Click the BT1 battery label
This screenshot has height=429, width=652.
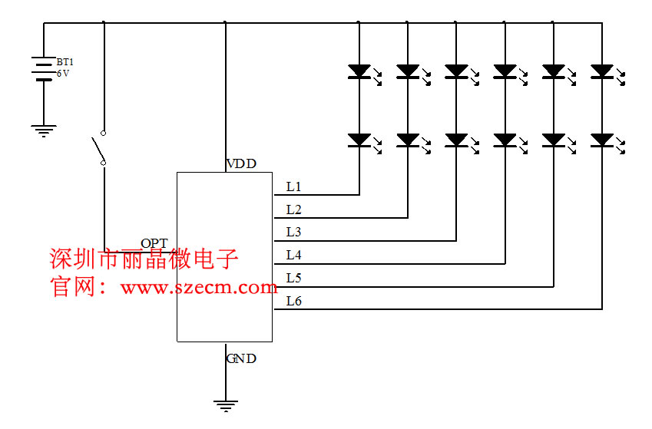pyautogui.click(x=65, y=61)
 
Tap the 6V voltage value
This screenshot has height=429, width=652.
pyautogui.click(x=63, y=74)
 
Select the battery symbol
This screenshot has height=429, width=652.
pyautogui.click(x=43, y=70)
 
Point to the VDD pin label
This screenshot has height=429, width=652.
pyautogui.click(x=241, y=164)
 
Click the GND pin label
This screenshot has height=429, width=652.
pyautogui.click(x=241, y=358)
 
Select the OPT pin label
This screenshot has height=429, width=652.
pyautogui.click(x=154, y=243)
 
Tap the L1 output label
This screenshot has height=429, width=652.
pyautogui.click(x=293, y=186)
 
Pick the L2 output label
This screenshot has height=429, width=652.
pyautogui.click(x=293, y=210)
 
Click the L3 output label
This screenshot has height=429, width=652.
pyautogui.click(x=293, y=232)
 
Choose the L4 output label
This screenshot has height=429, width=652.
pyautogui.click(x=293, y=255)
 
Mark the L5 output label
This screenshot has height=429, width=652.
pyautogui.click(x=293, y=277)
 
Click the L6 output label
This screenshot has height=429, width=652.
pyautogui.click(x=293, y=301)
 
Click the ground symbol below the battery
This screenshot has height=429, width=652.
pyautogui.click(x=44, y=130)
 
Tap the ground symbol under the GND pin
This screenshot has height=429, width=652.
pyautogui.click(x=226, y=406)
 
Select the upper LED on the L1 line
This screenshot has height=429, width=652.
pyautogui.click(x=359, y=71)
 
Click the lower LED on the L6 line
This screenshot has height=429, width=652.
pyautogui.click(x=602, y=140)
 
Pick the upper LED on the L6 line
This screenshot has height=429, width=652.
pyautogui.click(x=602, y=71)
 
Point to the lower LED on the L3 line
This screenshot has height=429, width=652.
pyautogui.click(x=456, y=140)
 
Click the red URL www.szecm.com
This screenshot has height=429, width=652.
pyautogui.click(x=198, y=288)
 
